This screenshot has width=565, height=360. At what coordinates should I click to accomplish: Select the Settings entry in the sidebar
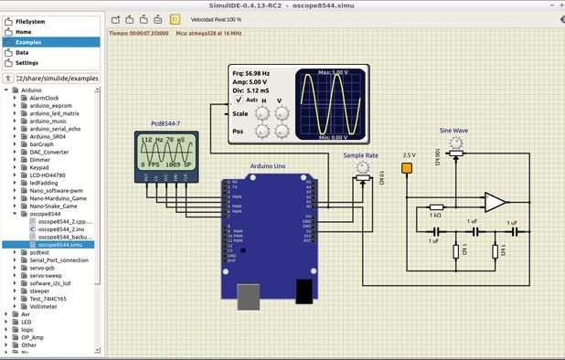point(27,63)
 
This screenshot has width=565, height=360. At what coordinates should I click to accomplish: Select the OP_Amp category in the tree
point(34,337)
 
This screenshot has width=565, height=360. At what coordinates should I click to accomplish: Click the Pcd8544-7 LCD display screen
point(165,150)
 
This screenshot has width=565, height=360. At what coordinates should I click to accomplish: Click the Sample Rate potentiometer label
point(361,155)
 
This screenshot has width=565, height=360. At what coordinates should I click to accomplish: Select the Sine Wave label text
point(453,131)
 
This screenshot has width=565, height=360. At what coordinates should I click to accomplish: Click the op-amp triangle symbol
point(495,201)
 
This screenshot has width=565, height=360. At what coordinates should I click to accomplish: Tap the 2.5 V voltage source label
point(408,155)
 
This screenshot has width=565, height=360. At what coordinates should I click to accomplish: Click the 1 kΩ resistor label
point(436,216)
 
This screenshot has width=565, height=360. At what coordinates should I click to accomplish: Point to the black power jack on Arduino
point(304,290)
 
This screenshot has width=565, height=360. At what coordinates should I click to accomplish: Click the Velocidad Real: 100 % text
point(216,18)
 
